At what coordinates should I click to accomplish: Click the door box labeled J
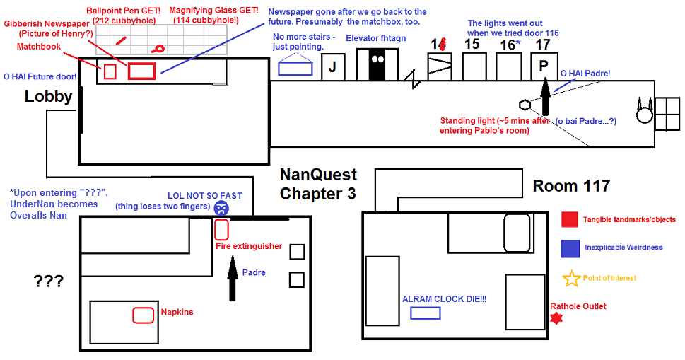click(x=332, y=68)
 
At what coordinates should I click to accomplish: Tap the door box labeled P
click(x=544, y=66)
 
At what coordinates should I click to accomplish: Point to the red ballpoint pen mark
click(x=121, y=41)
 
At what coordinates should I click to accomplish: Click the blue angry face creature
click(x=221, y=208)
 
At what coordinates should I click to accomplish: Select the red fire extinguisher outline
click(x=221, y=229)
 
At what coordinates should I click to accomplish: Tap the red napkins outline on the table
click(x=144, y=315)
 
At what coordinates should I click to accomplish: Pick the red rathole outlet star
click(x=557, y=318)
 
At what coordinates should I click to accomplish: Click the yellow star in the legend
click(x=570, y=279)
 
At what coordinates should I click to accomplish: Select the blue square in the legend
click(x=570, y=248)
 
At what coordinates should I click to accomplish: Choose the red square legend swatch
click(x=570, y=219)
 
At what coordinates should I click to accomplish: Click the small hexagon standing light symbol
click(x=525, y=105)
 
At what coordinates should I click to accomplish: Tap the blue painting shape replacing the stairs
click(x=295, y=67)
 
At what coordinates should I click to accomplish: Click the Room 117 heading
click(x=571, y=186)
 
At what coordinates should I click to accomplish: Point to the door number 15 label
click(x=472, y=44)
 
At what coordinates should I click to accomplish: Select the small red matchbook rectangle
click(x=110, y=71)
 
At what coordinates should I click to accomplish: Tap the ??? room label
click(x=48, y=281)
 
